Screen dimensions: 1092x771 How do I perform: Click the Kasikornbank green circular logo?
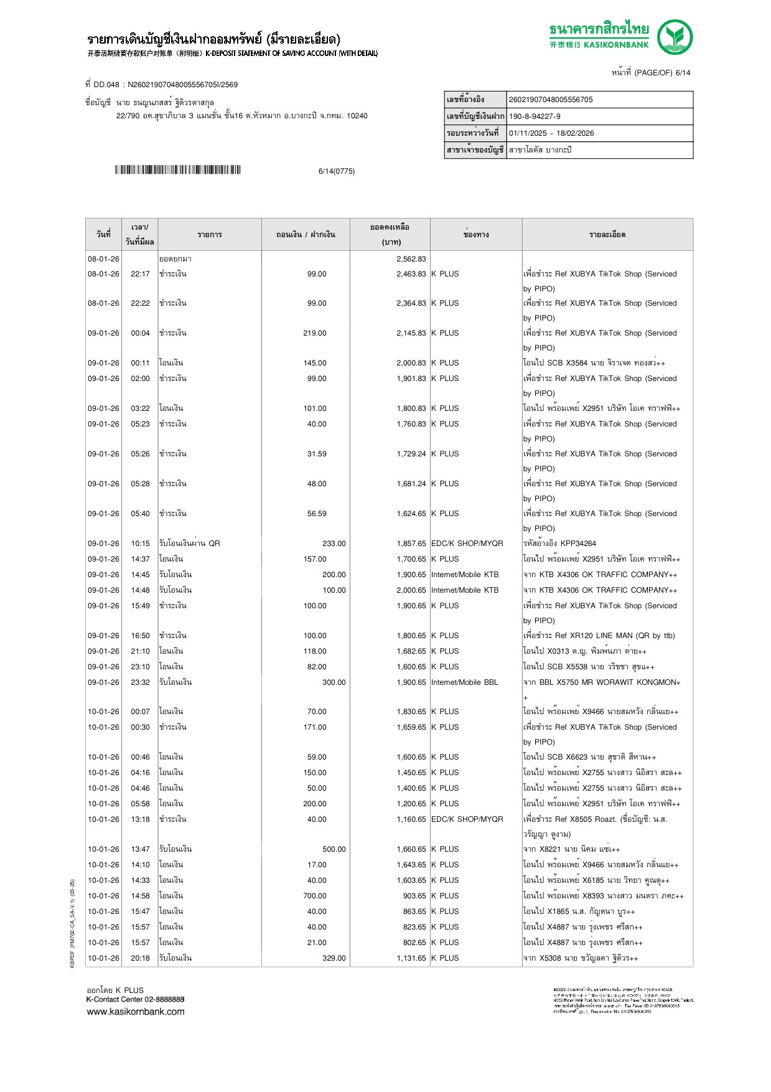coord(675,37)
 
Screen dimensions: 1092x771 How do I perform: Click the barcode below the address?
coord(177,170)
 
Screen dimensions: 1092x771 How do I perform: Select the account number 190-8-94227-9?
coord(535,116)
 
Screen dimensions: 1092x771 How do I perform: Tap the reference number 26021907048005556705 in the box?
coord(551,100)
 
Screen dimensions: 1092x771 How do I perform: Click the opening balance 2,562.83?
coord(411,259)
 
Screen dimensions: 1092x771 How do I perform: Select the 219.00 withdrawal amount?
coord(314,333)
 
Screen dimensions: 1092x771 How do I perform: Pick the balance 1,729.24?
coord(411,454)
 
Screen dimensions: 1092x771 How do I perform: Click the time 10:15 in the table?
coord(140,544)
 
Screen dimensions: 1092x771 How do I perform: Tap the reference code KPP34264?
coord(578,544)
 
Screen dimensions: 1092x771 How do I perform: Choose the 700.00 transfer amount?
coord(314,896)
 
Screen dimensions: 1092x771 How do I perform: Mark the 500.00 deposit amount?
coord(334,849)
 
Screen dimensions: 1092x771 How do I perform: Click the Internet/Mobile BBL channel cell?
coord(464,682)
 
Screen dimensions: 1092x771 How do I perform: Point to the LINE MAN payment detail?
coord(599,636)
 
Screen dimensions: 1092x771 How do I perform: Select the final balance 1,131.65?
coord(411,958)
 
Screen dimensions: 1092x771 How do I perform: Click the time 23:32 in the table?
coord(140,682)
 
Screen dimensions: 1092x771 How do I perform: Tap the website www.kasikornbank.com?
coord(136,1012)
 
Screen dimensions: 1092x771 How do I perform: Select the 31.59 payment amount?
coord(316,454)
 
